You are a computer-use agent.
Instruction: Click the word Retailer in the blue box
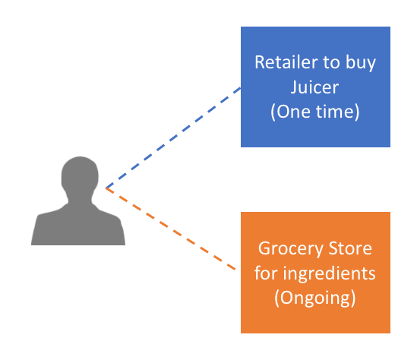point(286,62)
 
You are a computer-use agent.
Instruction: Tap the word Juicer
point(314,87)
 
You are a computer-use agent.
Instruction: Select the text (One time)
point(315,112)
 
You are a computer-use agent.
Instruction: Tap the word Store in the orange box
point(350,248)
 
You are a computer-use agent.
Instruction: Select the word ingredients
point(329,274)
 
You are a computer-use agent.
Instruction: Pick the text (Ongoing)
point(315,298)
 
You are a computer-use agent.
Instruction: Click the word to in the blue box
point(331,63)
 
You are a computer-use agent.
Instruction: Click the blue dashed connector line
point(173,137)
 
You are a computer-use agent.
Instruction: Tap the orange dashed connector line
point(171,229)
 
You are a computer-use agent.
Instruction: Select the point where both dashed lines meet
point(106,188)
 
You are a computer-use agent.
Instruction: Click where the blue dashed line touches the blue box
point(241,87)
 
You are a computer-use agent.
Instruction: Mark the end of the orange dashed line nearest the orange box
point(235,270)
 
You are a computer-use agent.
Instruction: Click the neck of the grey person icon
point(80,199)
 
